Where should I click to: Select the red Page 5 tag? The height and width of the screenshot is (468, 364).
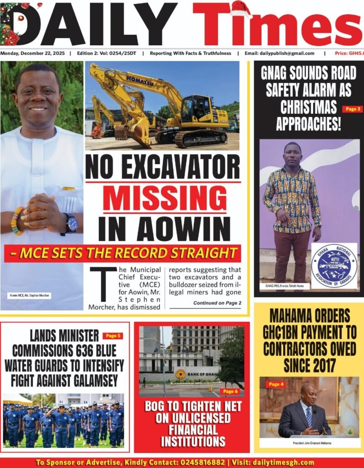click(x=112, y=336)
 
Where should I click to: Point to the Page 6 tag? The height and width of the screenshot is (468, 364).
click(x=230, y=392)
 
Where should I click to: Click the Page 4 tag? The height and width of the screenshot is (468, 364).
click(x=276, y=384)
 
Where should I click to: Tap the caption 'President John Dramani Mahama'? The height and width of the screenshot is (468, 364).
click(x=310, y=443)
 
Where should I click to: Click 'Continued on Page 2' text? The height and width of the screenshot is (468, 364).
click(x=217, y=303)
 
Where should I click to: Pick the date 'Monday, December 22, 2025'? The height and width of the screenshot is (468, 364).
click(x=32, y=53)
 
